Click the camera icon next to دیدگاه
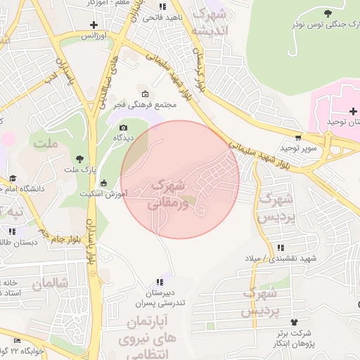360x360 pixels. coord(124,127)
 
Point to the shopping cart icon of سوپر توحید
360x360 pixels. coord(299,137)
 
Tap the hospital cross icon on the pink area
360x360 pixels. coord(352,111)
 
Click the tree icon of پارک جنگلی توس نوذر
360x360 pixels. coord(327,13)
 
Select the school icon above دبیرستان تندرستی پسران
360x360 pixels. coord(160,281)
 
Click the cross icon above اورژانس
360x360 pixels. coord(94,25)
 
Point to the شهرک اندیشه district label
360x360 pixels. coord(213,21)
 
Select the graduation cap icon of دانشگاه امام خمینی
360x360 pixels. coord(12,179)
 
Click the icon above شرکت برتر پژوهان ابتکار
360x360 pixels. coord(304,321)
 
